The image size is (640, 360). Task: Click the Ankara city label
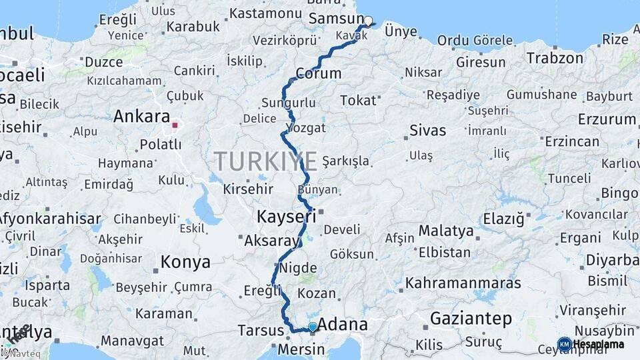[141, 117]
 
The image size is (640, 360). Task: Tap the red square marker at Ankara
[175, 125]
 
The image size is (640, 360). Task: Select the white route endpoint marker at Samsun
[367, 21]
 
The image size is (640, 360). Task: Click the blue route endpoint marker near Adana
[312, 327]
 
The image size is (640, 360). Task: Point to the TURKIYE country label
[265, 162]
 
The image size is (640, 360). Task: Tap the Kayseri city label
[286, 217]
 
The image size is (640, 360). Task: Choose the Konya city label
[185, 263]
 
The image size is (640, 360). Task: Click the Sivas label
[427, 131]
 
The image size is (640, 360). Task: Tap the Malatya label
[446, 231]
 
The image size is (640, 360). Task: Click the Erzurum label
[607, 119]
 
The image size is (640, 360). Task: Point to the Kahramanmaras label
[463, 283]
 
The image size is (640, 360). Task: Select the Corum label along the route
[318, 73]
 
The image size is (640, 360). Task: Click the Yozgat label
[305, 127]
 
